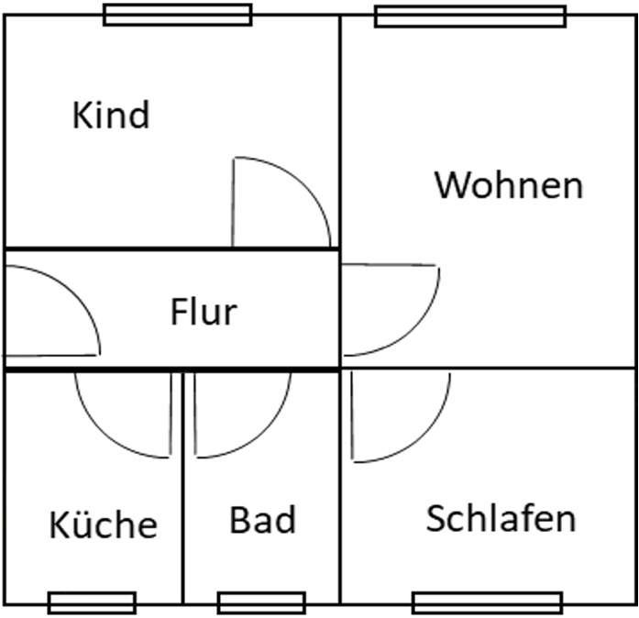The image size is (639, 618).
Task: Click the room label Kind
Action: click(x=110, y=116)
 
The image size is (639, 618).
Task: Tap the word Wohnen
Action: click(x=508, y=185)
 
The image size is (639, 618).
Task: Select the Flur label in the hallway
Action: click(x=203, y=312)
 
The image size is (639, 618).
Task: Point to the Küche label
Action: click(x=103, y=525)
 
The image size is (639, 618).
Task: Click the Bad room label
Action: click(x=262, y=521)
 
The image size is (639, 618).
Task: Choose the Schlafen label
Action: click(x=501, y=519)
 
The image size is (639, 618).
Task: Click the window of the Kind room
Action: click(x=177, y=15)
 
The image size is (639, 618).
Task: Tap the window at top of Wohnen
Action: click(x=470, y=17)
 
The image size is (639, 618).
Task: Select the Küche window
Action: click(x=92, y=602)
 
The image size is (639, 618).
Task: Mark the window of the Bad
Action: click(x=261, y=602)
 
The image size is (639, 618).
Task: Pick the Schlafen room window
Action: click(x=487, y=602)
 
